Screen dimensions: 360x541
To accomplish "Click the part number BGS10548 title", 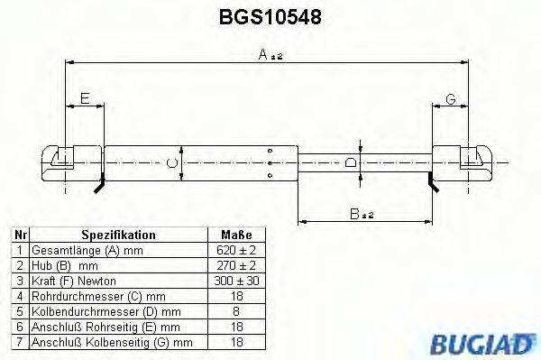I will click(x=270, y=17).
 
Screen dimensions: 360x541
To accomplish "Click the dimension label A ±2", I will click(x=270, y=56).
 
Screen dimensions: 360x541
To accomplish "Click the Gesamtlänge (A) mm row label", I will click(x=86, y=250).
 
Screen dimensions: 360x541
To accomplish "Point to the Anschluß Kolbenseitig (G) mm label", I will click(x=112, y=342).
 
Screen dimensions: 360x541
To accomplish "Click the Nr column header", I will click(x=18, y=235).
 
